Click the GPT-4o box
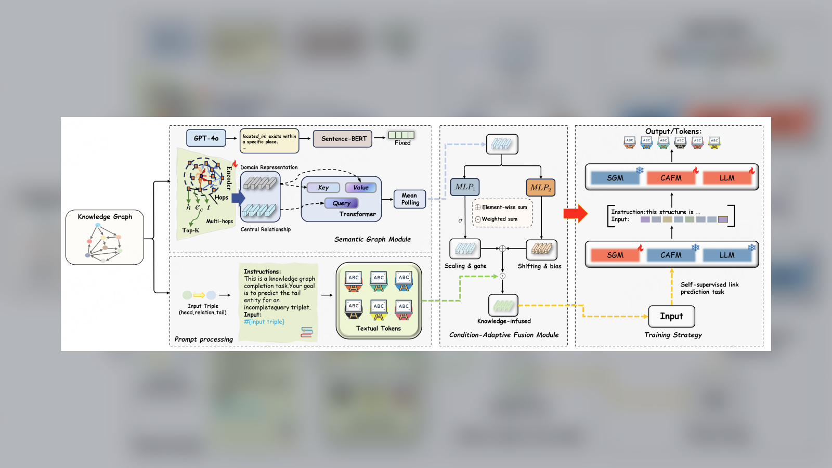pos(206,138)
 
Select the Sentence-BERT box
pos(343,139)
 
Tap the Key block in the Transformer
pos(323,188)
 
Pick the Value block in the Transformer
pos(361,188)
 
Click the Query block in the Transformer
pos(342,203)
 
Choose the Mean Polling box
pos(410,199)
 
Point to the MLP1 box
pos(465,187)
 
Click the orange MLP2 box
pos(540,188)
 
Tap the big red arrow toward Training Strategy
pos(575,213)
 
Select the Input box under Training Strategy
pos(671,316)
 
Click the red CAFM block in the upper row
pos(671,178)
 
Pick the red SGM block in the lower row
pos(615,255)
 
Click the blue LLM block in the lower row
pos(727,255)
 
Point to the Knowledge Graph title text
pos(105,217)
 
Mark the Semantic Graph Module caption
pos(372,239)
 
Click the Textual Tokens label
pos(379,329)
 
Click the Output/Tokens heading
pos(673,132)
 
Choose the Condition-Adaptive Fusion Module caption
pos(504,335)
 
